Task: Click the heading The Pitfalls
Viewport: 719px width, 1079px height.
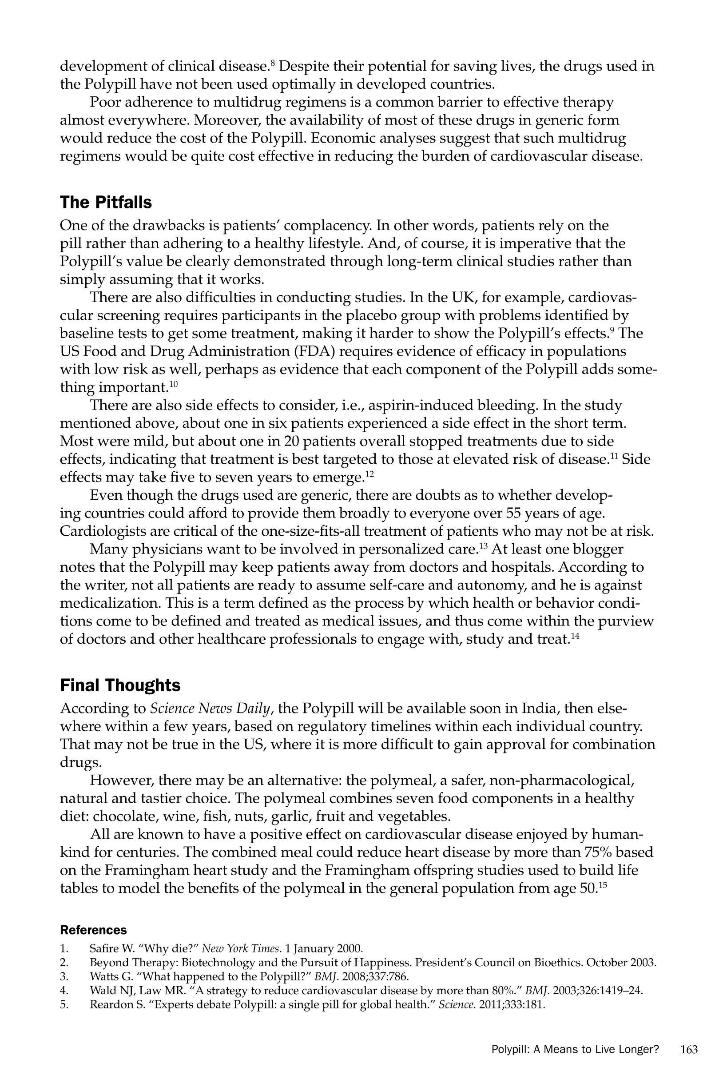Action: [106, 202]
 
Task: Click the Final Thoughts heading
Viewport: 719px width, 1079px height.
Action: [120, 685]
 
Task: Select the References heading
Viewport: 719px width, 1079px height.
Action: [93, 930]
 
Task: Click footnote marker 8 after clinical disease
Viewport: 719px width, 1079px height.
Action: [272, 63]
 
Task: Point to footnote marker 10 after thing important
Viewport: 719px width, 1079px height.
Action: [173, 384]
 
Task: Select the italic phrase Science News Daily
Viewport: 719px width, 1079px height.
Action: [210, 709]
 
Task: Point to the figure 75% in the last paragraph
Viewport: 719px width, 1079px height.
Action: [598, 852]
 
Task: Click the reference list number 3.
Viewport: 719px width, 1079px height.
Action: [64, 976]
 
